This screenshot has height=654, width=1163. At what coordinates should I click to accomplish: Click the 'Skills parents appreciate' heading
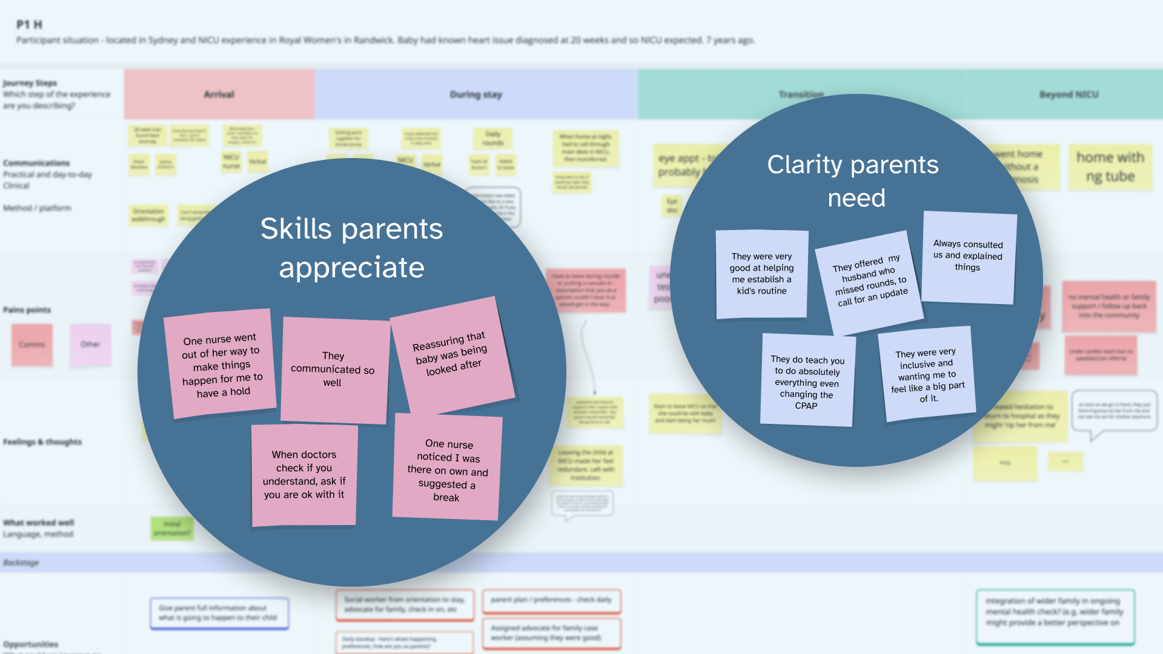[x=351, y=248]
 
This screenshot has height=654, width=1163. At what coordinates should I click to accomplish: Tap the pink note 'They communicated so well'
[x=333, y=369]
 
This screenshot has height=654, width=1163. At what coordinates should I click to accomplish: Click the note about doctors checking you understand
[x=304, y=475]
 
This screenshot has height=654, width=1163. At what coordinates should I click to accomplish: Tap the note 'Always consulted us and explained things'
[x=968, y=256]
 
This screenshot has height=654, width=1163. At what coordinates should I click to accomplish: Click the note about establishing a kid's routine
[x=761, y=274]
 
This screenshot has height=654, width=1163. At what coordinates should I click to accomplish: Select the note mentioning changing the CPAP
[x=807, y=381]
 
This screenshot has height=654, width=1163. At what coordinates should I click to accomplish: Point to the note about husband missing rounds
[x=869, y=282]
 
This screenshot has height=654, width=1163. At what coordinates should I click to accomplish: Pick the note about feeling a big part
[x=927, y=374]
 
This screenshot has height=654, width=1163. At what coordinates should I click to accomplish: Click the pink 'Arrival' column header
[x=219, y=94]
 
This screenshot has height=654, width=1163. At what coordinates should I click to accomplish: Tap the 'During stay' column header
[x=475, y=94]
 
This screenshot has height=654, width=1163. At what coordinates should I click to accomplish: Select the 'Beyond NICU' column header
[x=1069, y=94]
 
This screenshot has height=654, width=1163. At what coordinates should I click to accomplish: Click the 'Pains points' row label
[x=27, y=310]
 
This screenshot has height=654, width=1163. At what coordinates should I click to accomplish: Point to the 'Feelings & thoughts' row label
[x=42, y=442]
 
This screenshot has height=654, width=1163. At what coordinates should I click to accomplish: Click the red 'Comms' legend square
[x=32, y=345]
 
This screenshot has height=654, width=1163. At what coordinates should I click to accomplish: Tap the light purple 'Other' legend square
[x=90, y=345]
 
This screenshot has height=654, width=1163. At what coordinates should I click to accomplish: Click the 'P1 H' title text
[x=29, y=25]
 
